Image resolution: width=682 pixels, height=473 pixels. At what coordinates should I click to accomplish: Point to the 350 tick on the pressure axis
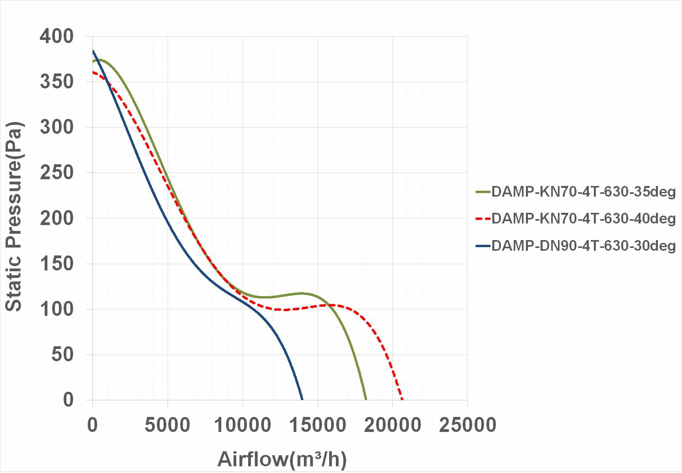(x=57, y=82)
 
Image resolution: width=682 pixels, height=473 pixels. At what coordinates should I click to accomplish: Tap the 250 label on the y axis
(x=57, y=173)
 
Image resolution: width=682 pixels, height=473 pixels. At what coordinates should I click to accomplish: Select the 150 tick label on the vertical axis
(x=57, y=263)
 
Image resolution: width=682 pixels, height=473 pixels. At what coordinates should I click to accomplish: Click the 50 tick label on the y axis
(x=62, y=354)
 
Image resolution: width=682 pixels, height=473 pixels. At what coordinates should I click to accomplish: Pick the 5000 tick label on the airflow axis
(x=168, y=425)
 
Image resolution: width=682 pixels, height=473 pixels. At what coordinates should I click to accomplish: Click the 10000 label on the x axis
(x=242, y=425)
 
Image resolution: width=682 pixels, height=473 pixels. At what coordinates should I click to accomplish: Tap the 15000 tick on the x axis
(x=317, y=425)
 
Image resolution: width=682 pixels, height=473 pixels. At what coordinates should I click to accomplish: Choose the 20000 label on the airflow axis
(x=392, y=425)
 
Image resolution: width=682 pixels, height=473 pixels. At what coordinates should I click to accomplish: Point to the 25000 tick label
(x=467, y=425)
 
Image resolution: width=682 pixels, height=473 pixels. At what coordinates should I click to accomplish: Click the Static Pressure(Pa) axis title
(x=14, y=217)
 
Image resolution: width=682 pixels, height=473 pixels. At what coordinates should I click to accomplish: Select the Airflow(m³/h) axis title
(x=282, y=459)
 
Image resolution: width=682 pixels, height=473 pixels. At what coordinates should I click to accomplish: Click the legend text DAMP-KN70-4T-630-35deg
(x=583, y=192)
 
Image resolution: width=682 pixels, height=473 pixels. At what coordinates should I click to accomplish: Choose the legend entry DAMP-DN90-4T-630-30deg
(x=583, y=246)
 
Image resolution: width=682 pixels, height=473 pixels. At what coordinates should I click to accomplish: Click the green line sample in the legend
(x=483, y=192)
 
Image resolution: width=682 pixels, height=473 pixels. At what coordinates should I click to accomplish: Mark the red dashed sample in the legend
(x=483, y=219)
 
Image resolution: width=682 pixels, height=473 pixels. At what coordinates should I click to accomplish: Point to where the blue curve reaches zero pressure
(x=303, y=399)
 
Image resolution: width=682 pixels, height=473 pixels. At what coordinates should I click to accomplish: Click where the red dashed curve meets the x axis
(x=402, y=399)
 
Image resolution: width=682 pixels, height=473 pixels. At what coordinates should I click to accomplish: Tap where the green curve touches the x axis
(x=366, y=399)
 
